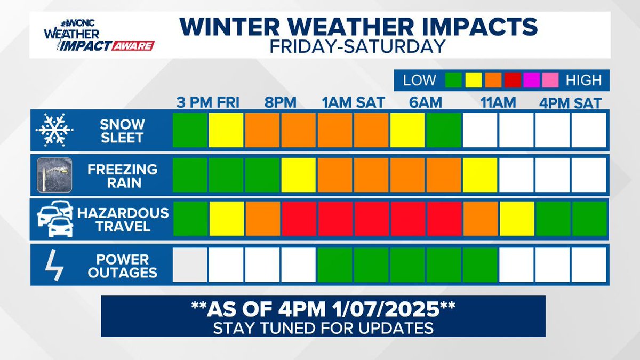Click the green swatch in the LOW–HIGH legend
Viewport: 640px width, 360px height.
[453, 80]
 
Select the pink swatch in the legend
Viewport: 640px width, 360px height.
[550, 80]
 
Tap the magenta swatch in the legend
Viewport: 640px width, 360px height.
[531, 80]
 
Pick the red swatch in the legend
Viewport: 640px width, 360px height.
[513, 80]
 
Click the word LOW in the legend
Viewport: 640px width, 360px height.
[419, 81]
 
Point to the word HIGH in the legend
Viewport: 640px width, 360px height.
[583, 81]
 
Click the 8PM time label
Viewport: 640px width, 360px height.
[281, 102]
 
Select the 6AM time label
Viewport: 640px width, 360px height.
[426, 102]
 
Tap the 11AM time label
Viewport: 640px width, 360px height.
[498, 102]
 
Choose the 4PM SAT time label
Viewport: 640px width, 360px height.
[570, 103]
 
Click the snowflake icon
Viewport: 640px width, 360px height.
[54, 130]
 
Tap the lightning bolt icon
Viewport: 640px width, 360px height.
[54, 265]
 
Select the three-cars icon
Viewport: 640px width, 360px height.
[55, 219]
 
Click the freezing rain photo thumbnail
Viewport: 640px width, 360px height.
[54, 175]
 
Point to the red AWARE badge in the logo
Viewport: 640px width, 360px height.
[133, 46]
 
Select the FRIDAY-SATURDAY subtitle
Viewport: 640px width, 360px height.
[358, 46]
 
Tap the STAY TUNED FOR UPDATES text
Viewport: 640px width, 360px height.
[323, 328]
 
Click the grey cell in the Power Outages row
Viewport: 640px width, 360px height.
[190, 265]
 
